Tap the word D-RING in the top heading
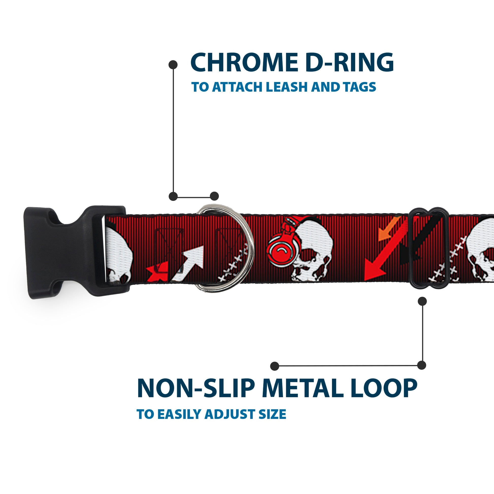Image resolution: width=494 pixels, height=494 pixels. [x=350, y=63]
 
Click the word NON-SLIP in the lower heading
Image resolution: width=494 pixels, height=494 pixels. [x=196, y=388]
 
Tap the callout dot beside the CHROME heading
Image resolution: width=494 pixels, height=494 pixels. [x=173, y=65]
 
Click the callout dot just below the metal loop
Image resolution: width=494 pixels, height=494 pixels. [x=422, y=301]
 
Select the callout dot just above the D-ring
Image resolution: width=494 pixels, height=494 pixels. [x=214, y=196]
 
